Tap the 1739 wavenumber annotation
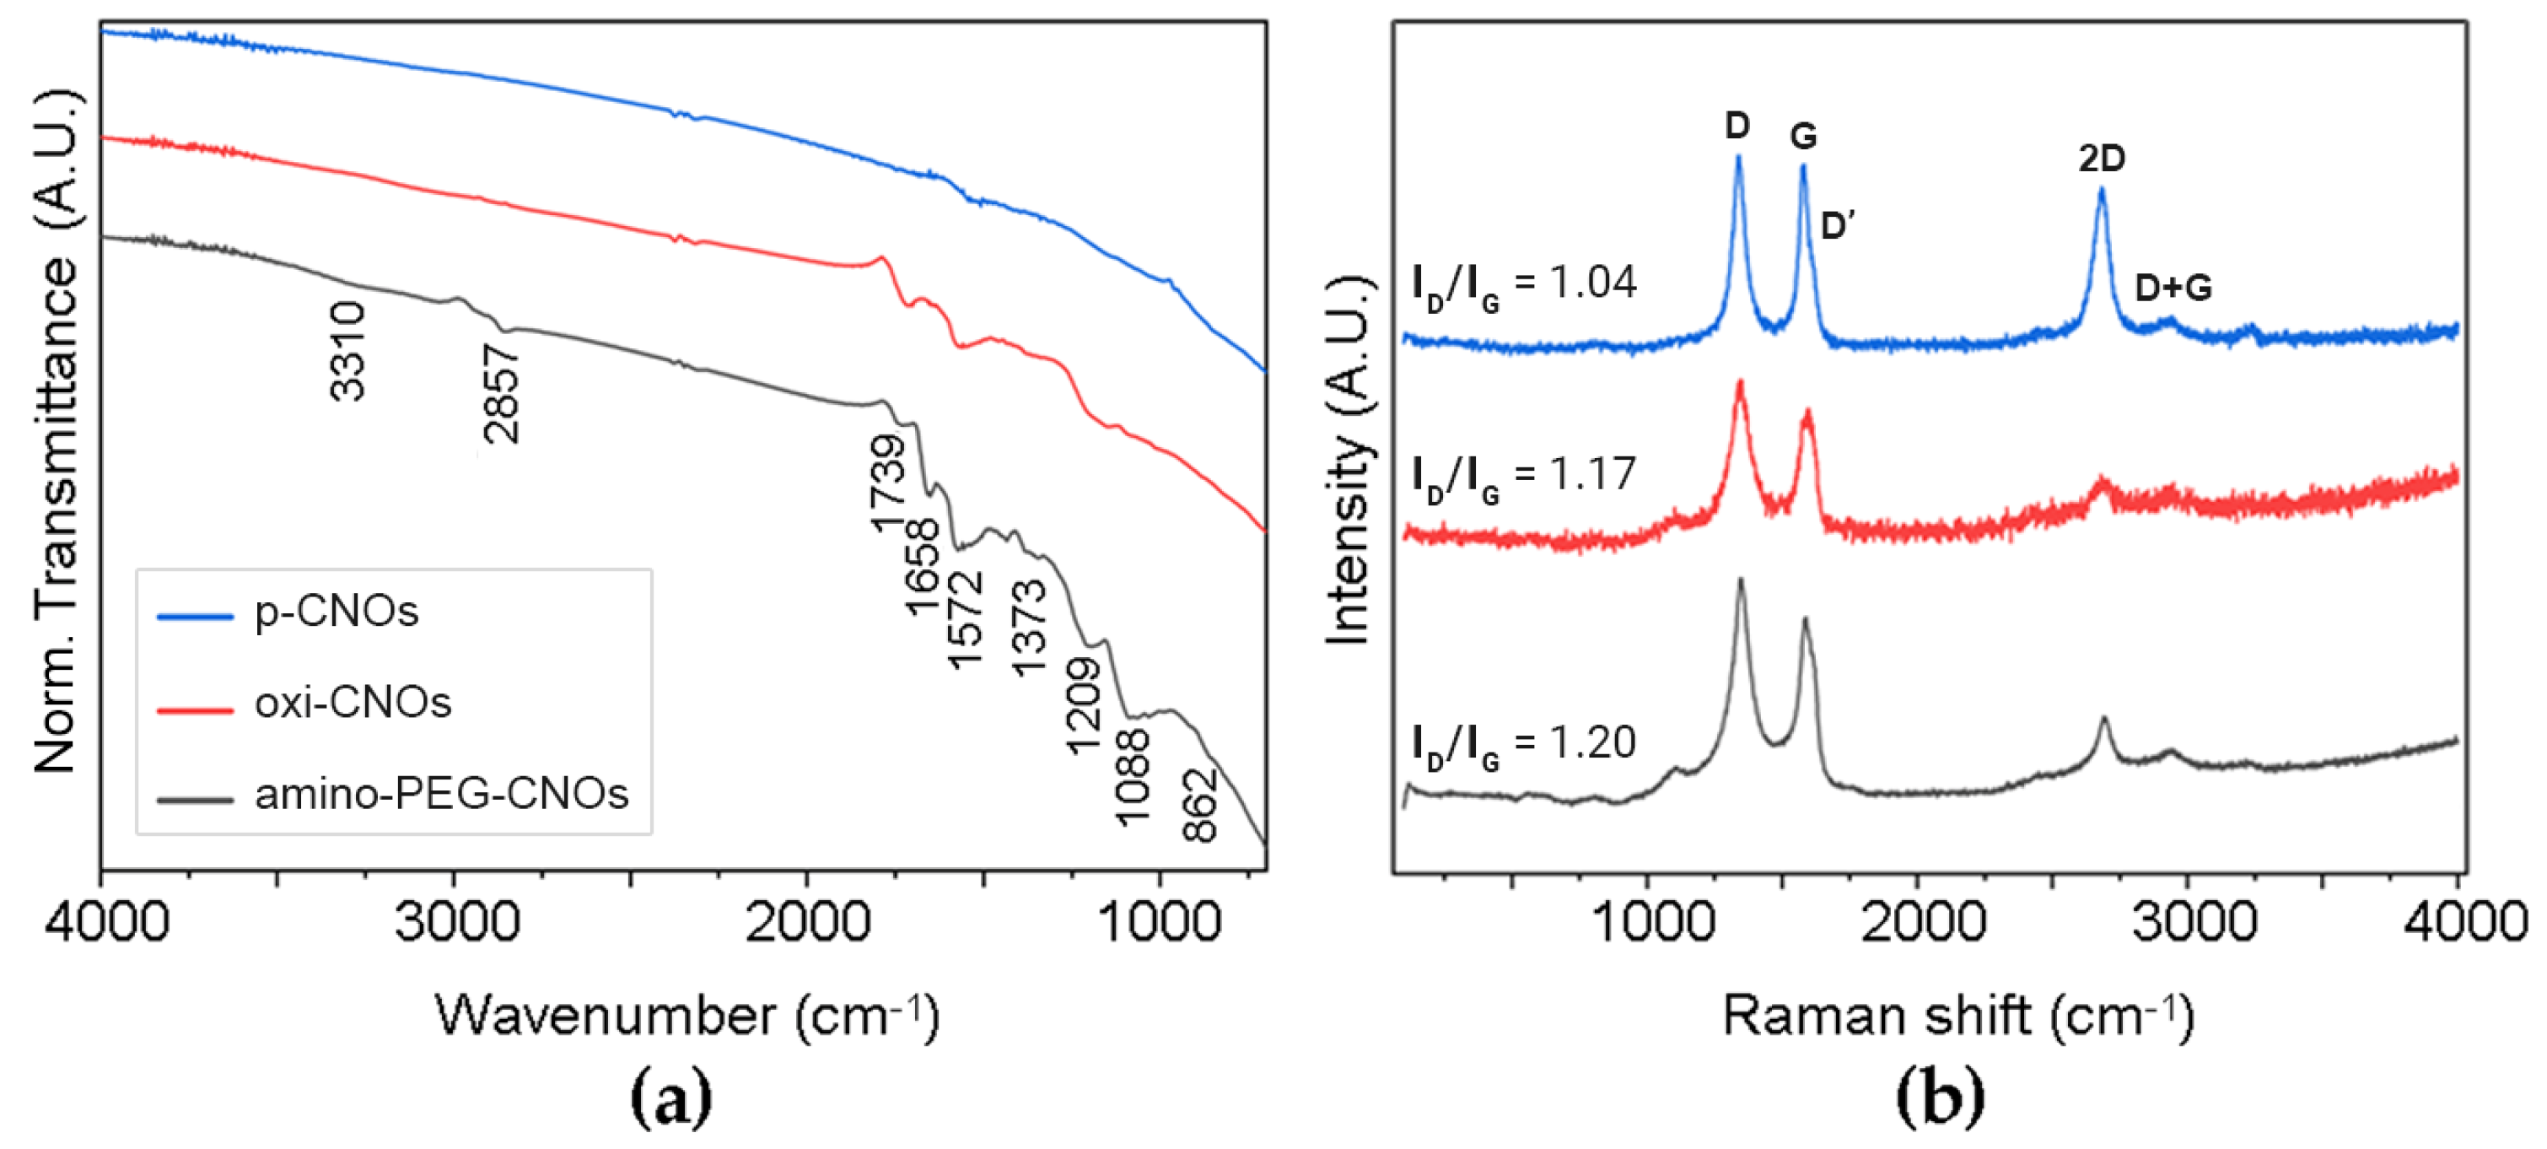pos(887,483)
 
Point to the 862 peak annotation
pos(1199,806)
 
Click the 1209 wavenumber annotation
pos(1082,706)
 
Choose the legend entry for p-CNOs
pos(337,612)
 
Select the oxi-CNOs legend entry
pos(352,703)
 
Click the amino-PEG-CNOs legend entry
pos(441,794)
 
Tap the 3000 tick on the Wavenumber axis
pos(455,923)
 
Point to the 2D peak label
pos(2101,159)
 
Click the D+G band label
pos(2173,288)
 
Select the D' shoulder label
pos(1837,226)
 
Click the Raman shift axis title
pos(1957,1017)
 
